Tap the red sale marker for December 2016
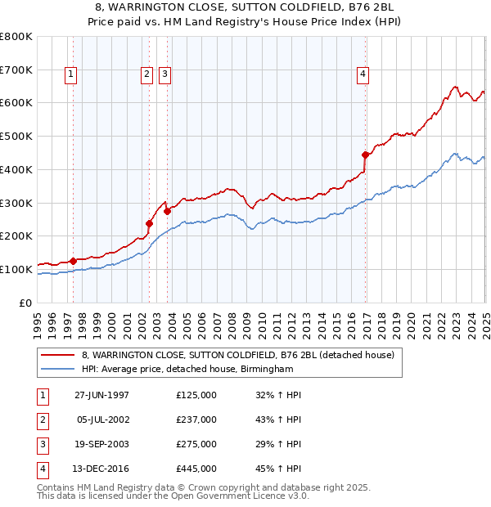(365, 154)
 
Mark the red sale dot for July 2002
(150, 223)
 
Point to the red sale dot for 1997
(74, 261)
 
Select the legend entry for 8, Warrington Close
(238, 355)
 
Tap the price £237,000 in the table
(196, 420)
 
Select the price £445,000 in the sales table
(196, 469)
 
